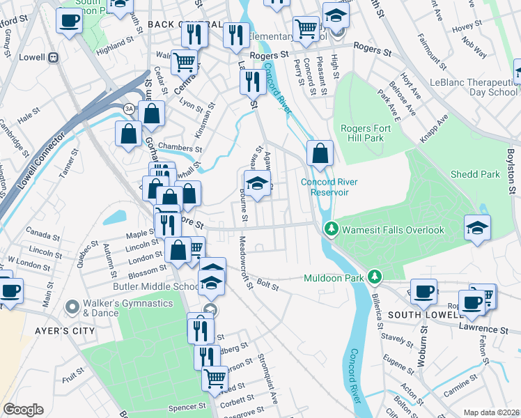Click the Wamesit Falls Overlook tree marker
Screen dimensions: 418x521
[x=332, y=229]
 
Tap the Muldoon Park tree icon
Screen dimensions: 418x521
[x=375, y=277]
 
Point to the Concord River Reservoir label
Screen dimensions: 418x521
[x=329, y=187]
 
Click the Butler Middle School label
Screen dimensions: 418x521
[x=147, y=286]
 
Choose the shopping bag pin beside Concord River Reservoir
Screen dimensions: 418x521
[x=319, y=155]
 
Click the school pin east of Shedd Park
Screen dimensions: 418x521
[x=477, y=229]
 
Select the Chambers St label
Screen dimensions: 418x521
[x=180, y=148]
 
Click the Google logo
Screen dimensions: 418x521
[x=23, y=410]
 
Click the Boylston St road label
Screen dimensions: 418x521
[x=513, y=168]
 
